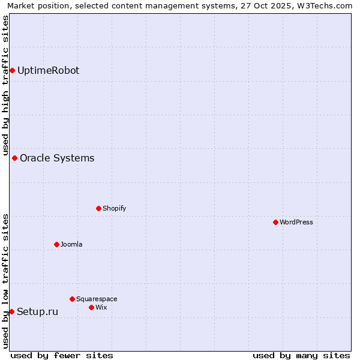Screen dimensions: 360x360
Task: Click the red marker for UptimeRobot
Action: tap(12, 71)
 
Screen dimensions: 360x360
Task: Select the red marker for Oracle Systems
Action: tap(14, 158)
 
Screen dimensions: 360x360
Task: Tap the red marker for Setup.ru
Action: tap(11, 311)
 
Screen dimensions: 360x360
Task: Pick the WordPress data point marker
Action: tap(275, 223)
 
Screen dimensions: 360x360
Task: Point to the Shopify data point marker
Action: tap(98, 209)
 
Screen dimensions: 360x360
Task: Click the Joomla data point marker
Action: tap(56, 245)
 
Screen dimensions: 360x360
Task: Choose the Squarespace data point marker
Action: tap(72, 299)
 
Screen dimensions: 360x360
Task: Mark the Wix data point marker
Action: tap(91, 308)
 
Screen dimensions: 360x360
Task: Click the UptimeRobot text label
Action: tap(48, 71)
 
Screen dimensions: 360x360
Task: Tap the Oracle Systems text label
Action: tap(57, 158)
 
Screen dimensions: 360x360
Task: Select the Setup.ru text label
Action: tap(37, 311)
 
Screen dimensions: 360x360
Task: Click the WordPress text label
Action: tap(296, 223)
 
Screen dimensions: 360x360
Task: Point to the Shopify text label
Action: tap(114, 209)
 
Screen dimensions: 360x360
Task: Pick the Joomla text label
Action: tap(71, 245)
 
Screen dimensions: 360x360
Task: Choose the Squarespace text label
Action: tap(97, 299)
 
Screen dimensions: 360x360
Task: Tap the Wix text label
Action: tap(101, 308)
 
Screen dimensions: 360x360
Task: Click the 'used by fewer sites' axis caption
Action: tap(62, 355)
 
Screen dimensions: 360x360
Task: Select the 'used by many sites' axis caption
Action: tap(301, 355)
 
